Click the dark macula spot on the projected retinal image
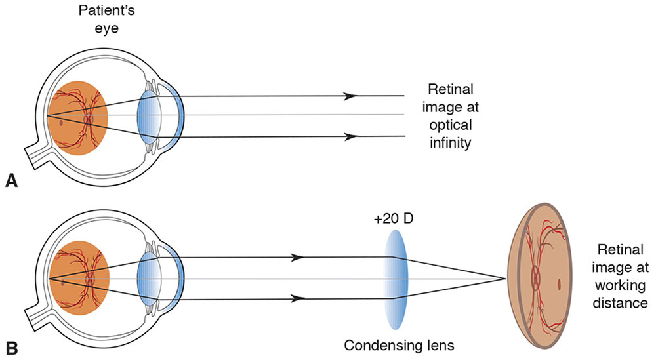click(x=558, y=284)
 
